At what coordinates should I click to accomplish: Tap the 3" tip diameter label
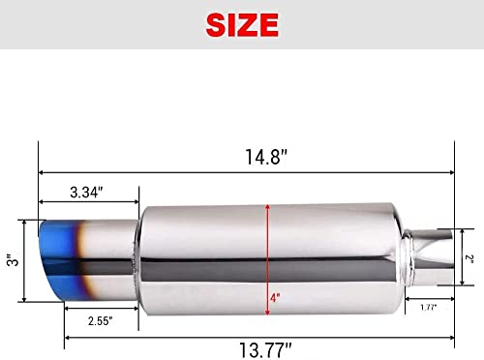click(x=11, y=258)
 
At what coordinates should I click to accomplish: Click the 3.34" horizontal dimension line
click(x=87, y=203)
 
